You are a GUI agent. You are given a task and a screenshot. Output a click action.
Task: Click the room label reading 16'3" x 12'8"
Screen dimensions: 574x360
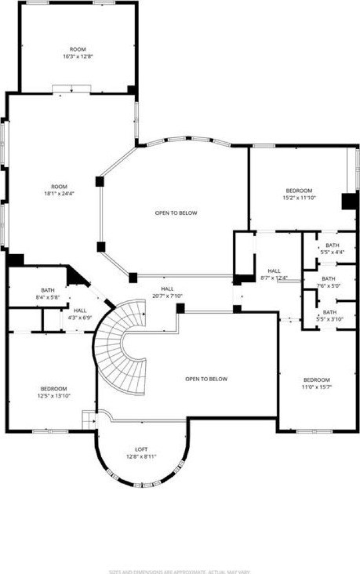pos(78,53)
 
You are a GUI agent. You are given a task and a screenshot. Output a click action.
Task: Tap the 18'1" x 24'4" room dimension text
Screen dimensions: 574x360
pos(59,190)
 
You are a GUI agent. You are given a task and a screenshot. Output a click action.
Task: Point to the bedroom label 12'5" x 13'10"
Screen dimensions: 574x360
pos(53,392)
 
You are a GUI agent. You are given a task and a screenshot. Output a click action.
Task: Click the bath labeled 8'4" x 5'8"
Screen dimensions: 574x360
pos(48,294)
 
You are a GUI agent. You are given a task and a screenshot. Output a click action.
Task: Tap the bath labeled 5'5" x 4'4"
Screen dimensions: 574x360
pos(332,249)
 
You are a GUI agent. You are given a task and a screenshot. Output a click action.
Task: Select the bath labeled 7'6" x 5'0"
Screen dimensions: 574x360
pos(328,282)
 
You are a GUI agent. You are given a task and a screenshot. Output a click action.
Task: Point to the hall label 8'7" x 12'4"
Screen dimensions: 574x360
pos(274,274)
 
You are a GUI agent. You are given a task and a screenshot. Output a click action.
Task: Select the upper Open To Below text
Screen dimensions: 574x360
pos(176,213)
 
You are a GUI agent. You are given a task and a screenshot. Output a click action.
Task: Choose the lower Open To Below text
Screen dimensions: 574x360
pos(206,379)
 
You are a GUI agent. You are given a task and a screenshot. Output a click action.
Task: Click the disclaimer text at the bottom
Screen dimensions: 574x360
pos(180,571)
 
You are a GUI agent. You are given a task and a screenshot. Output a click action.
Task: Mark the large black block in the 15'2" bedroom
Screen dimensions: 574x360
pos(349,201)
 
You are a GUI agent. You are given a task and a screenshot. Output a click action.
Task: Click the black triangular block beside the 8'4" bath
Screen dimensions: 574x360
pos(74,275)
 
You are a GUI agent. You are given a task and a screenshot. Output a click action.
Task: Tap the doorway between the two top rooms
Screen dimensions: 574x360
pos(71,88)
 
